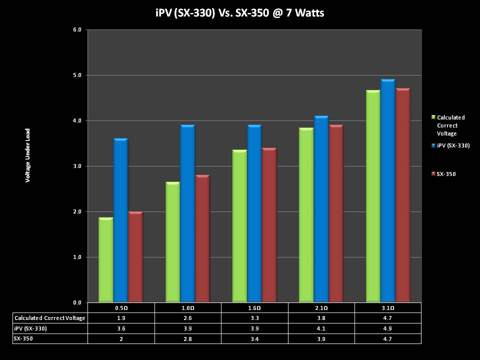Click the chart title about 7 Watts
[x=240, y=13]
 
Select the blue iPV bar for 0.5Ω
[x=120, y=220]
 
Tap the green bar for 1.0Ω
[x=172, y=242]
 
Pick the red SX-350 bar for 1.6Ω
[x=269, y=225]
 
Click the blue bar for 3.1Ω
[x=387, y=190]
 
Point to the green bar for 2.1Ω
[x=306, y=215]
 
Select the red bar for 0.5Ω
[x=135, y=257]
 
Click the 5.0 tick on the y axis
[x=77, y=75]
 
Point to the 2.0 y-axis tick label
[x=77, y=212]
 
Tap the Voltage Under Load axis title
[x=28, y=155]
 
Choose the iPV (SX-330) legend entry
[x=450, y=145]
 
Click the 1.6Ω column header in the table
[x=254, y=308]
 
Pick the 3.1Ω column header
[x=387, y=308]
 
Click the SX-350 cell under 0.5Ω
[x=121, y=338]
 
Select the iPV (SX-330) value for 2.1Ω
[x=321, y=328]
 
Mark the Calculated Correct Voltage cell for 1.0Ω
[x=187, y=318]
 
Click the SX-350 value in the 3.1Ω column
[x=387, y=338]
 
